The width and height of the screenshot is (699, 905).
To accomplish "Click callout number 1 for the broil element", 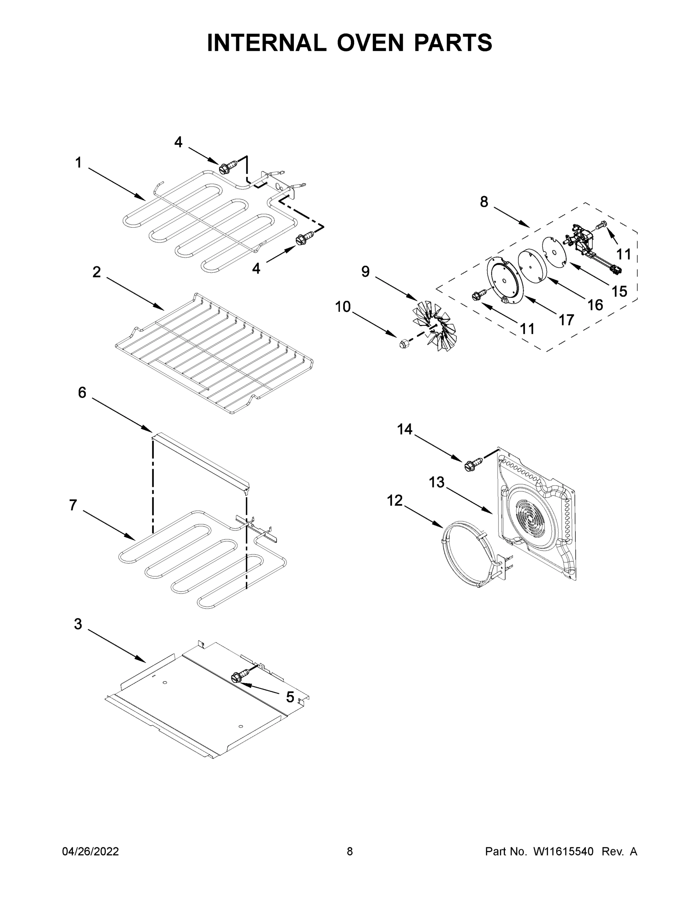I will [x=78, y=163].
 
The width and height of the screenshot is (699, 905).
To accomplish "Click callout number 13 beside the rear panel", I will [x=436, y=482].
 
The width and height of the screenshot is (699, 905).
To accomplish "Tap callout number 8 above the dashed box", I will [x=484, y=202].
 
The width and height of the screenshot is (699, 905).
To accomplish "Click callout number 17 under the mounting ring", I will [x=566, y=319].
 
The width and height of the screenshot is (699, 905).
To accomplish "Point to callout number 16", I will [x=595, y=305].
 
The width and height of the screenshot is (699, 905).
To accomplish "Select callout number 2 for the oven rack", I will [x=96, y=272].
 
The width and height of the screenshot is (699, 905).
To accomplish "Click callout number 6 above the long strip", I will [x=82, y=392].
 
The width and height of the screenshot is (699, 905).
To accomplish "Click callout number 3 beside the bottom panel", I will [x=78, y=624].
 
